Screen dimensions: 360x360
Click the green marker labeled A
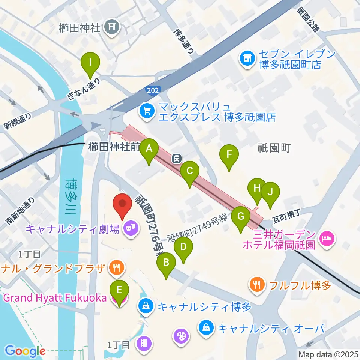point(149,149)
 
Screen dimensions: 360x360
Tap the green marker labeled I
point(90,61)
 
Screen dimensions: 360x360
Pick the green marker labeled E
point(119,290)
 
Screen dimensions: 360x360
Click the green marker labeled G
point(240,217)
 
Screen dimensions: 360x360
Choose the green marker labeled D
point(183,247)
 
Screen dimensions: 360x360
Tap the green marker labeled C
point(189,172)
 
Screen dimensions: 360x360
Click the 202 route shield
point(153,90)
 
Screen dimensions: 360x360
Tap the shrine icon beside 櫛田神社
point(111,26)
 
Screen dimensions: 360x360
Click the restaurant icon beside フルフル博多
point(256,285)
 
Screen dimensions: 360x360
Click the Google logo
point(25,351)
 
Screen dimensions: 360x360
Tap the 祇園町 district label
point(274,148)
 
